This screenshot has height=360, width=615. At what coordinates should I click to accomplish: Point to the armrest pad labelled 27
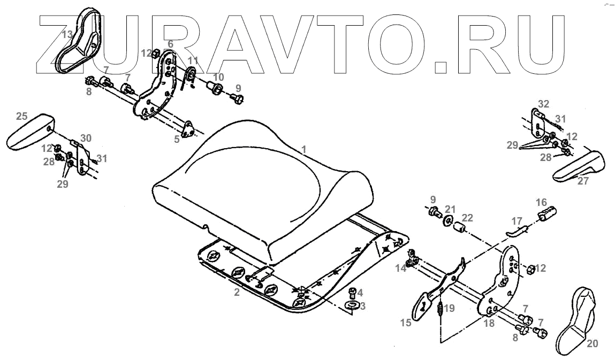point(578,165)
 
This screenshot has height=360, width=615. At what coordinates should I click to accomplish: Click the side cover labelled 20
point(575,316)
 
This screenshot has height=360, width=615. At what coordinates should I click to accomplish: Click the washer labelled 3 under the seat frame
point(352,304)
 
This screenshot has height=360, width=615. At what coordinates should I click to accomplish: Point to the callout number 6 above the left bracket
point(170,43)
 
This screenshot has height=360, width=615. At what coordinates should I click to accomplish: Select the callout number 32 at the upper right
point(543,103)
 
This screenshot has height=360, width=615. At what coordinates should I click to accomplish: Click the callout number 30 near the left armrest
point(86,138)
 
